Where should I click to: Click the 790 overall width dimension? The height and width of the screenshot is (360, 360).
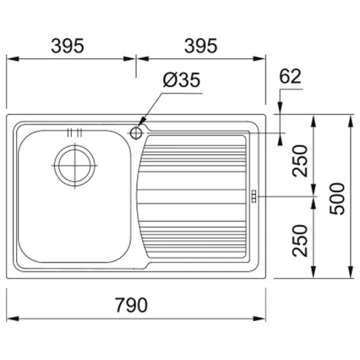coord(131,305)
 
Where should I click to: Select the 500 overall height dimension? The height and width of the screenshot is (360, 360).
coord(337,199)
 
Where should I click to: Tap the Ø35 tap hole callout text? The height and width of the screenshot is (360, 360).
coord(181,80)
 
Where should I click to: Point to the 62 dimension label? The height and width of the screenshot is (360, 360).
coord(290,76)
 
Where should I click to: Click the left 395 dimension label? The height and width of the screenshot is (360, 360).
coord(67,46)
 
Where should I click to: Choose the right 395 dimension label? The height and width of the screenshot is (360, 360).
coord(200,46)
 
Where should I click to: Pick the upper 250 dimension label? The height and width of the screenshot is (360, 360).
coord(299,161)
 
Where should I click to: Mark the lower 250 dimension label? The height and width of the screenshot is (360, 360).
coord(299,241)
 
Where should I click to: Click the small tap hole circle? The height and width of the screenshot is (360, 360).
coord(136,133)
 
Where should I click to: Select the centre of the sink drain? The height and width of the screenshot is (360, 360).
coord(75,166)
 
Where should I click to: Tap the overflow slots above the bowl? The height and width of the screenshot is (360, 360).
coord(74,133)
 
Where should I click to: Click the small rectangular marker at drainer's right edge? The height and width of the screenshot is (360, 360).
coord(254,196)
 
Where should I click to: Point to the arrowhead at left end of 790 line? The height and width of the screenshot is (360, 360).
coord(13,319)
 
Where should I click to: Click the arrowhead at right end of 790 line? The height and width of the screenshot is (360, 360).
coord(259,319)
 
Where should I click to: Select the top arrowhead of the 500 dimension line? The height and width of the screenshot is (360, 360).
coord(350,121)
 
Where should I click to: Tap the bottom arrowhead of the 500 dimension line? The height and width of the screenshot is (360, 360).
coord(350,272)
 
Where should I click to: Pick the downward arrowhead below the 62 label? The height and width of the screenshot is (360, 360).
coord(280,108)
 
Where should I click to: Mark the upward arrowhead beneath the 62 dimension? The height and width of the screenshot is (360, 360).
coord(280,139)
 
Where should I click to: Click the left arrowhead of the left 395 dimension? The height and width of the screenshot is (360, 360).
coord(13,59)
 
